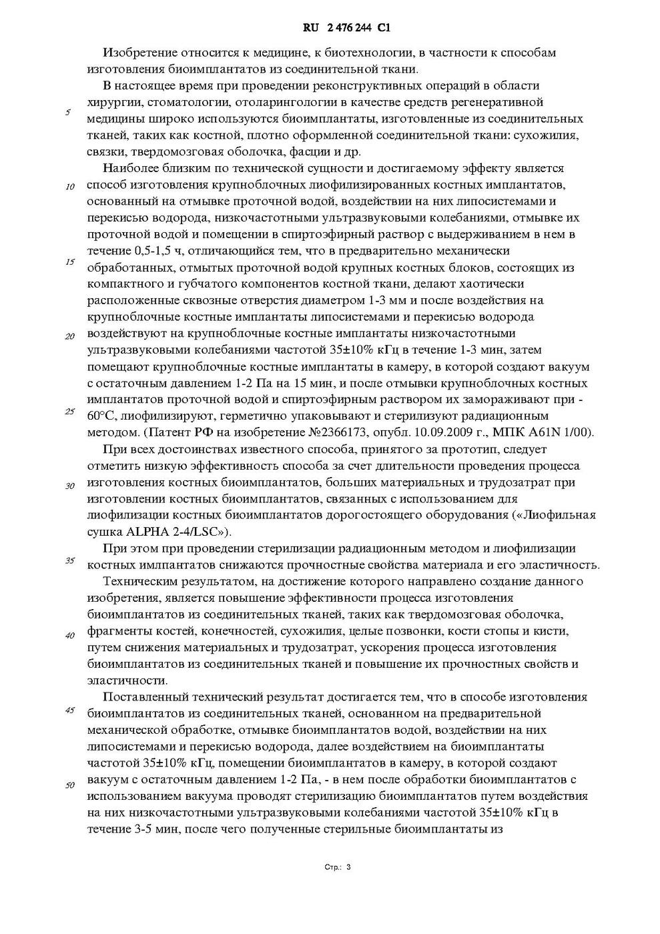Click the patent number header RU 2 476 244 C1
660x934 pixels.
point(346,28)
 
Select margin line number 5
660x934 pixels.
point(68,112)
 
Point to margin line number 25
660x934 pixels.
point(69,411)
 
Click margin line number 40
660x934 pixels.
point(69,635)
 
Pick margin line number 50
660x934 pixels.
point(69,785)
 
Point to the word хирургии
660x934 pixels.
point(114,102)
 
